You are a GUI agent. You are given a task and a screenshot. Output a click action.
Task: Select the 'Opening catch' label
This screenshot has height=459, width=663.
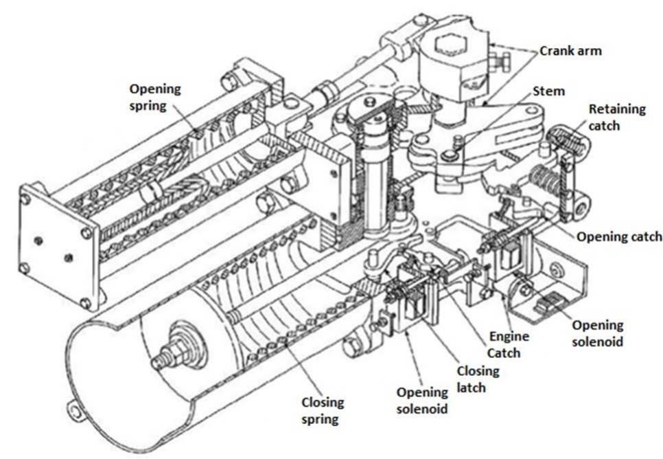619,236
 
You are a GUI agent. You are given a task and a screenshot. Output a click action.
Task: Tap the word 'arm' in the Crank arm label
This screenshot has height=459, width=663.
589,51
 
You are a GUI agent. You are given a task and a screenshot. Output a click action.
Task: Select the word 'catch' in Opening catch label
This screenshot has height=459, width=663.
646,236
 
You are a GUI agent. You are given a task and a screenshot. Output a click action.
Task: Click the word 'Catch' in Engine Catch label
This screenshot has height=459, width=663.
509,353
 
